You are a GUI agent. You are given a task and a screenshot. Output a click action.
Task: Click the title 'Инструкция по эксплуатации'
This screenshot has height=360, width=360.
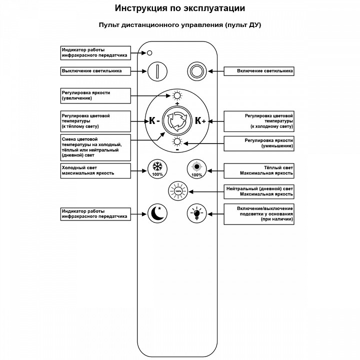pos(180,8)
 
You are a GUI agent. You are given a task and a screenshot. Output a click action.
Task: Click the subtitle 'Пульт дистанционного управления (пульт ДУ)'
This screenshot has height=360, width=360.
pos(180,25)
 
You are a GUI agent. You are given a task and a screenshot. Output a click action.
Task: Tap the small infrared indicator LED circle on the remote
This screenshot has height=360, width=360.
pos(149,53)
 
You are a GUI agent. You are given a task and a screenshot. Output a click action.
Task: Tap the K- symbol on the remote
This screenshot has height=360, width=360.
pos(154,120)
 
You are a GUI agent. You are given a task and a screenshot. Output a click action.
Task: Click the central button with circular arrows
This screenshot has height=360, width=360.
pos(177,120)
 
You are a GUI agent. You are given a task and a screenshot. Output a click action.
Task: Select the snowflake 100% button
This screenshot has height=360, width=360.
pos(157,168)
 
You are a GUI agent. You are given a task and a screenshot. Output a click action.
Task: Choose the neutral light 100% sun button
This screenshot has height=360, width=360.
pos(177,190)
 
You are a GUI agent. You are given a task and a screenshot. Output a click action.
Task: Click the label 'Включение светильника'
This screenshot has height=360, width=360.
pos(258,71)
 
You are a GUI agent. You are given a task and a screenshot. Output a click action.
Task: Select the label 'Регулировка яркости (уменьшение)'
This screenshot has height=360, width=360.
pos(258,143)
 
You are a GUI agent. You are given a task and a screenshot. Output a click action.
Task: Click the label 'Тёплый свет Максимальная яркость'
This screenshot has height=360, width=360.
pos(258,170)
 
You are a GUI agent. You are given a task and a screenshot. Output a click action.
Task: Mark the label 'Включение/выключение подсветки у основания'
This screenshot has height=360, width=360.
pos(258,214)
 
